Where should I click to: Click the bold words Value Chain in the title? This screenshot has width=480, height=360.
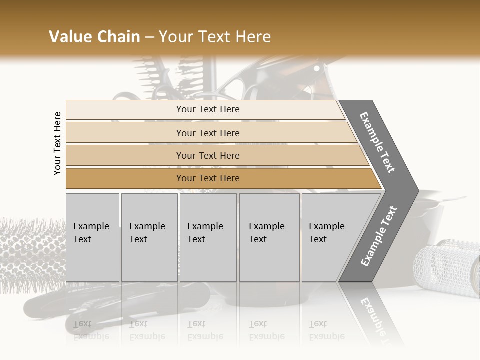(x=94, y=37)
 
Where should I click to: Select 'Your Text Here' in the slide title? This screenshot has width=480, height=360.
(x=215, y=37)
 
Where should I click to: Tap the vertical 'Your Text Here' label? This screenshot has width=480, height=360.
(x=57, y=143)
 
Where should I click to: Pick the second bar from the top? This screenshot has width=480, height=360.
(x=207, y=133)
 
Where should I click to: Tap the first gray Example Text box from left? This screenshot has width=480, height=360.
(x=92, y=237)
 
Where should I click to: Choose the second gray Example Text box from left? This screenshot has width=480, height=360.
(x=149, y=237)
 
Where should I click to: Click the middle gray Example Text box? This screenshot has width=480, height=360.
(x=208, y=237)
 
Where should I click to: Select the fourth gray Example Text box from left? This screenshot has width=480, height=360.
(x=269, y=237)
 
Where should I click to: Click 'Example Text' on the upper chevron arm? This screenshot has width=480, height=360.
(x=377, y=142)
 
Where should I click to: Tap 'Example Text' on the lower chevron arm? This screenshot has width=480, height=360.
(x=379, y=236)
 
